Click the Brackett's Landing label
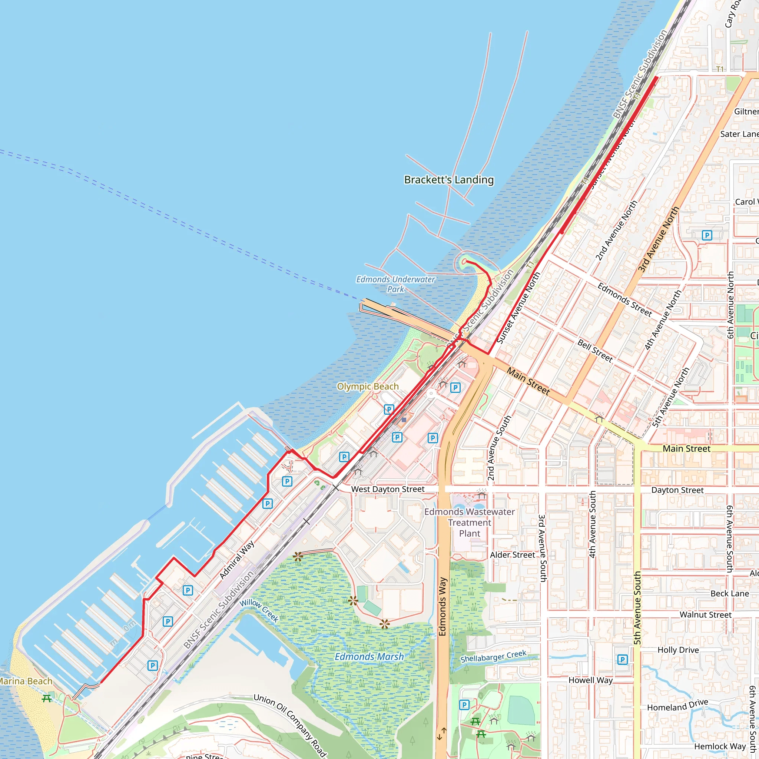(x=449, y=180)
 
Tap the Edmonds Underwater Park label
(x=395, y=284)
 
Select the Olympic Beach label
(x=368, y=387)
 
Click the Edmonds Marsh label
(x=369, y=656)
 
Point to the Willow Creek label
(x=259, y=610)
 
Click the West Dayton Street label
(x=388, y=489)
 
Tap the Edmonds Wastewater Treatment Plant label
(x=470, y=523)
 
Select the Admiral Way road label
(x=237, y=560)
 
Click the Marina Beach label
(x=26, y=681)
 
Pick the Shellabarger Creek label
(x=493, y=656)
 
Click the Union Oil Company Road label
(x=290, y=725)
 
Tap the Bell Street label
(x=595, y=351)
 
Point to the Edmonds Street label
(x=624, y=300)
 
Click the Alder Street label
(x=512, y=555)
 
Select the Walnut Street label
(x=706, y=615)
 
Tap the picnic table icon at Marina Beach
(x=47, y=698)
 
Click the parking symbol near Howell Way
(x=622, y=660)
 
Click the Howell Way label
(x=590, y=680)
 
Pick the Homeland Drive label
(x=678, y=705)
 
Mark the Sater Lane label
(x=739, y=134)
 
